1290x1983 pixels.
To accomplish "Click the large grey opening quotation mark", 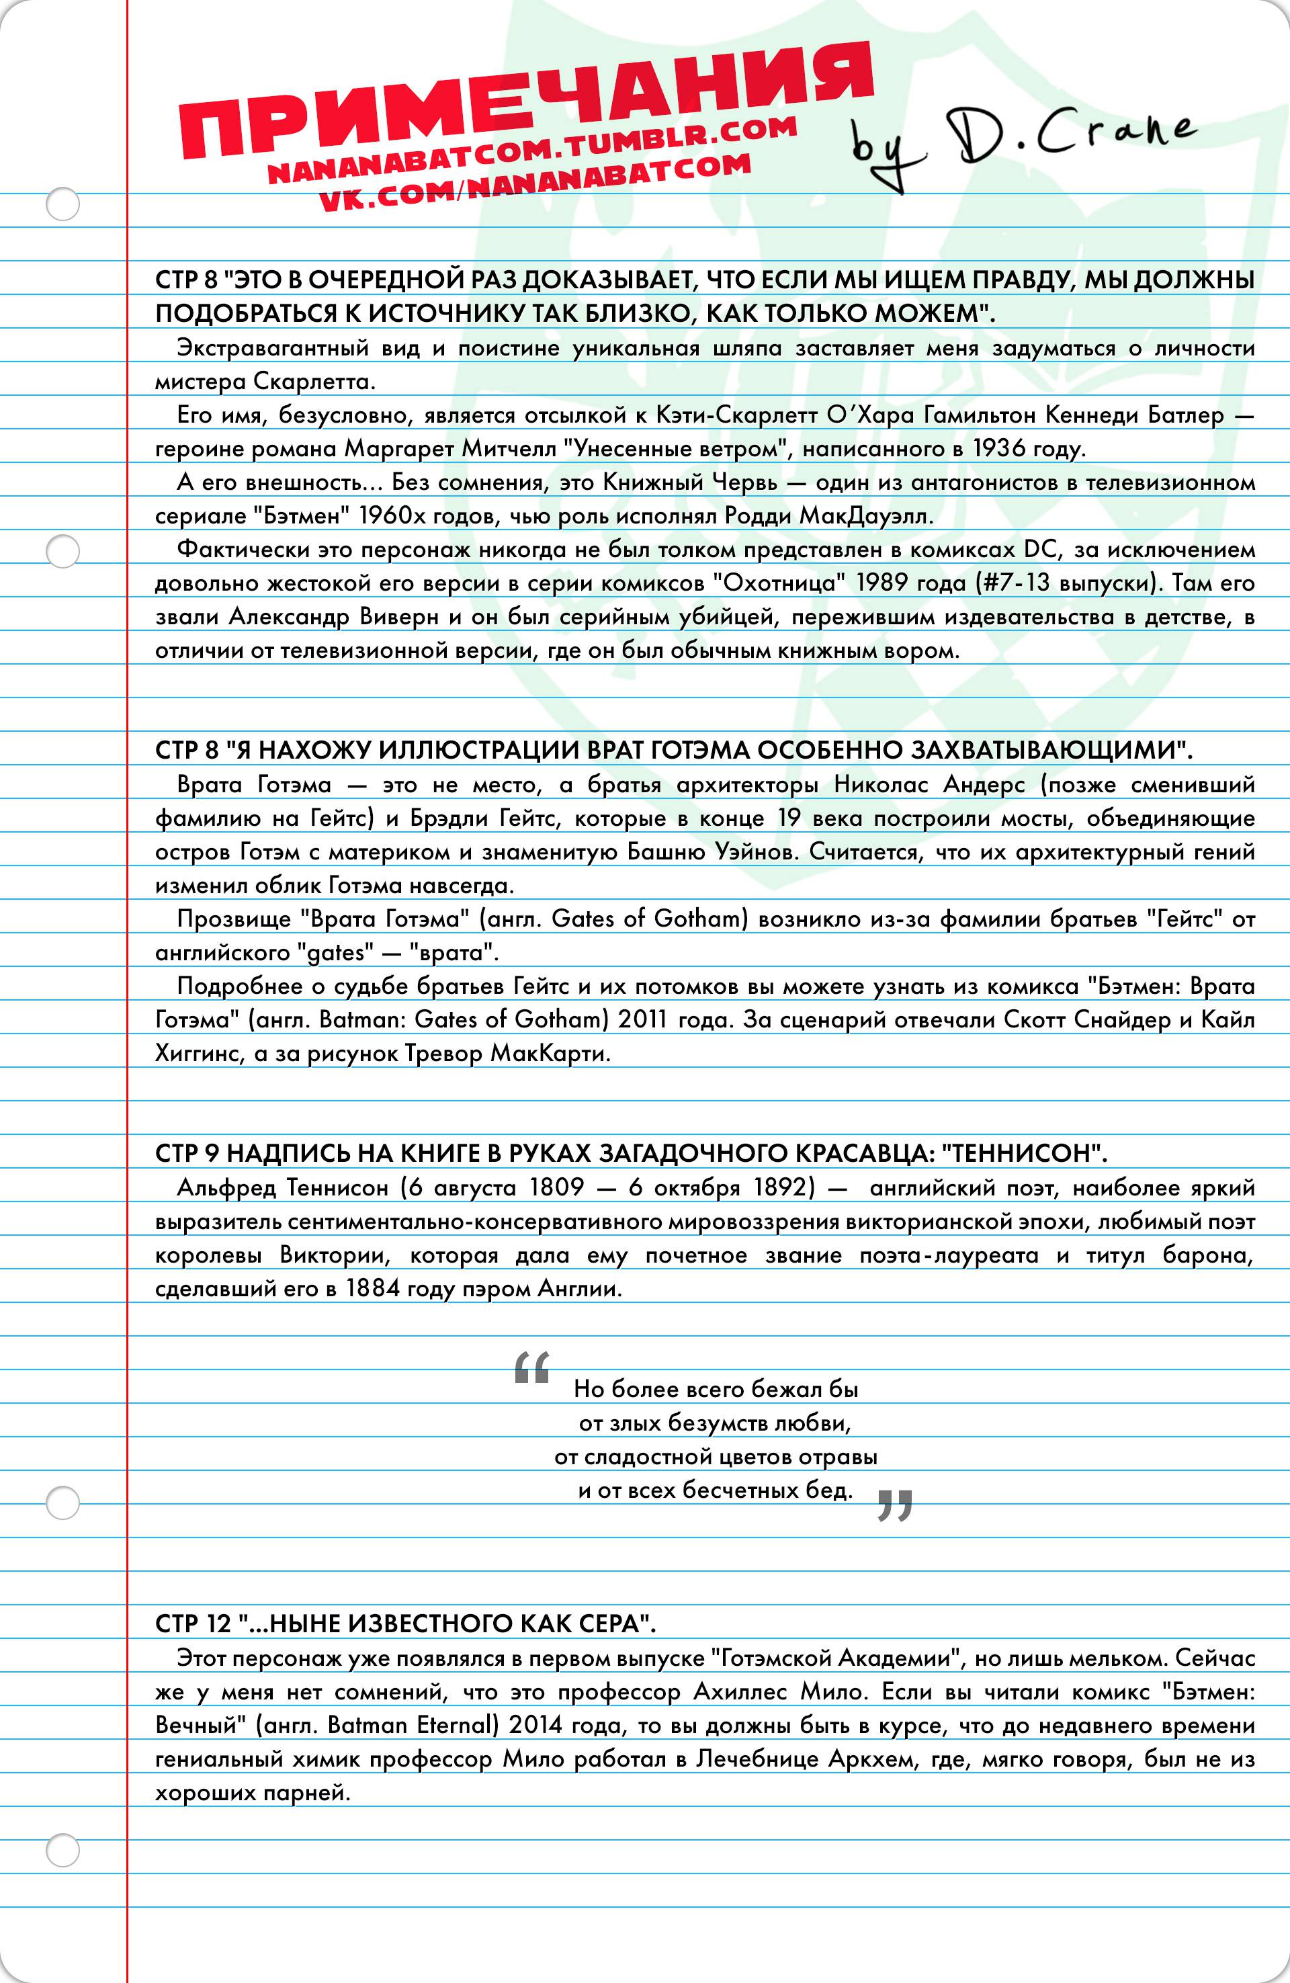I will coord(531,1366).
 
